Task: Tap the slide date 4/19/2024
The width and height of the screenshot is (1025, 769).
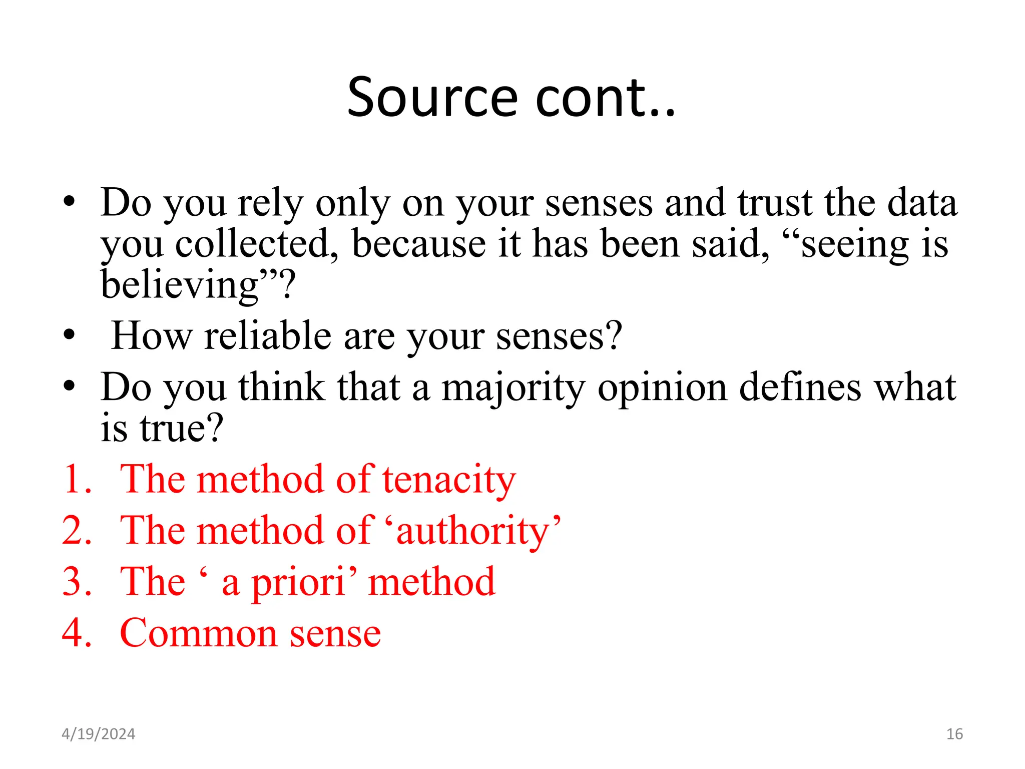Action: tap(98, 734)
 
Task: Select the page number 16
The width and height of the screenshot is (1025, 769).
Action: tap(954, 734)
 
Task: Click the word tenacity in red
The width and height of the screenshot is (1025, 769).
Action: tap(449, 480)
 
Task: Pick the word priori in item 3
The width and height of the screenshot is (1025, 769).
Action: tap(298, 582)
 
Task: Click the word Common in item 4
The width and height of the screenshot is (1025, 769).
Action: tap(198, 633)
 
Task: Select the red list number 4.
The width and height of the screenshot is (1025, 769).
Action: tap(75, 633)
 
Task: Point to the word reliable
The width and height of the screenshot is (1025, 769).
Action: tap(268, 335)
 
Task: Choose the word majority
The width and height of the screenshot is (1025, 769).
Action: tap(513, 388)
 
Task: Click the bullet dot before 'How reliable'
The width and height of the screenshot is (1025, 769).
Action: tap(70, 335)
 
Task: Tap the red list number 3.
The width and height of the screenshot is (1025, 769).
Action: tap(75, 582)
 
